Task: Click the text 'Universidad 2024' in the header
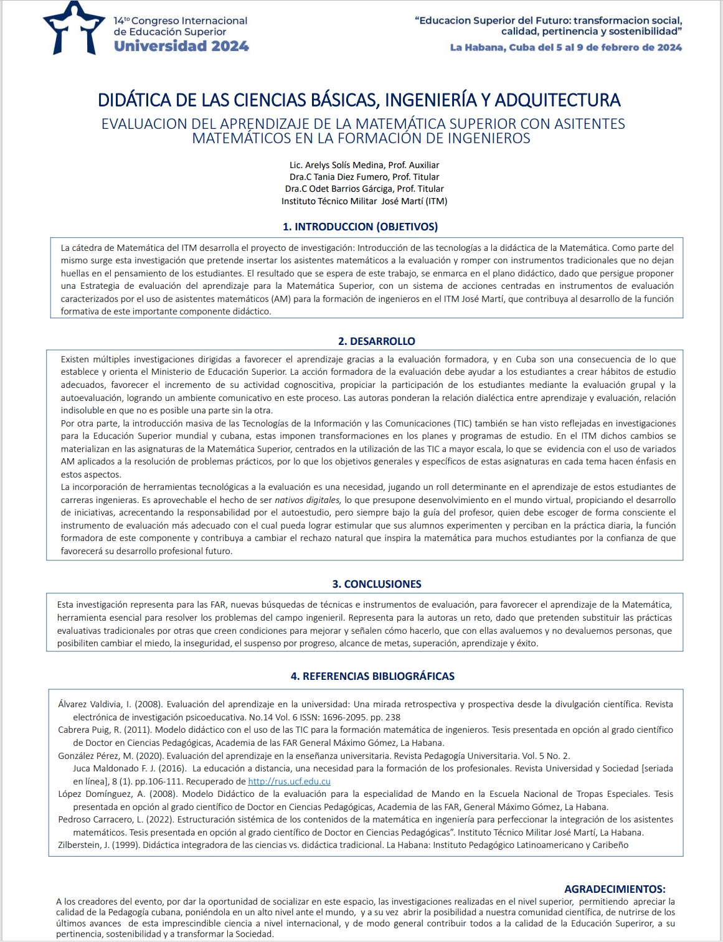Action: tap(181, 45)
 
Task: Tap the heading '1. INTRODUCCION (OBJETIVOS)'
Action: tap(360, 227)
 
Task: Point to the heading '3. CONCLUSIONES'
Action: tap(376, 584)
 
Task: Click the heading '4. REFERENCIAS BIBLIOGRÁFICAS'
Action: tap(372, 676)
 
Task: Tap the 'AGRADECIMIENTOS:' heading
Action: tap(614, 889)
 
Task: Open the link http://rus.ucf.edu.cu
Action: tap(289, 781)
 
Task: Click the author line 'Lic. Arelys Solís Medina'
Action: tap(364, 165)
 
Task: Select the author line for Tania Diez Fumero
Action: tap(364, 177)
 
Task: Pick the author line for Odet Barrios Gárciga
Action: tap(364, 189)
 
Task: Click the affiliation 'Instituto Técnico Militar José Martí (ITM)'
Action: tap(364, 201)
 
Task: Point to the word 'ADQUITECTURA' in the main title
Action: tap(557, 100)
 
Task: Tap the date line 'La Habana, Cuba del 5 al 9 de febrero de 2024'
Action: tap(565, 47)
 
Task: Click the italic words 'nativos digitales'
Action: tap(308, 500)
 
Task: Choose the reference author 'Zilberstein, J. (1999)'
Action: tap(99, 845)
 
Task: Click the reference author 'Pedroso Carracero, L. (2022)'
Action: tap(112, 819)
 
